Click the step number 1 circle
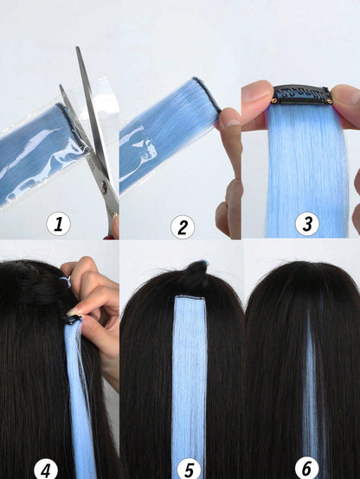pyautogui.click(x=59, y=224)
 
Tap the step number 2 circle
pyautogui.click(x=183, y=227)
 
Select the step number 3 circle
pyautogui.click(x=307, y=224)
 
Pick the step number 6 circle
pyautogui.click(x=307, y=469)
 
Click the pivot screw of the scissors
pyautogui.click(x=104, y=186)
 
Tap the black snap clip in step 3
pyautogui.click(x=302, y=94)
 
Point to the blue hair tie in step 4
pyautogui.click(x=66, y=282)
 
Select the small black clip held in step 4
pyautogui.click(x=72, y=320)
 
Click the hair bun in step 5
pyautogui.click(x=194, y=276)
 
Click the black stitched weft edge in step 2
pyautogui.click(x=207, y=94)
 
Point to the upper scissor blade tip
pyautogui.click(x=77, y=48)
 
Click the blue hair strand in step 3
pyautogui.click(x=307, y=171)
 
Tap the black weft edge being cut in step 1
pyautogui.click(x=72, y=128)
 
